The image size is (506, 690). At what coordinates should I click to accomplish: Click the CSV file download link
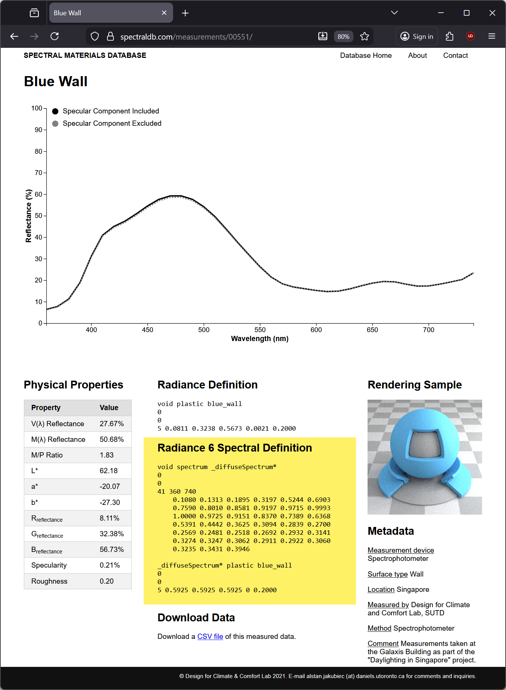210,636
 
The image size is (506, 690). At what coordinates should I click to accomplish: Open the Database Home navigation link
366,55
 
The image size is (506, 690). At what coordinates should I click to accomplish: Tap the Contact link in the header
455,55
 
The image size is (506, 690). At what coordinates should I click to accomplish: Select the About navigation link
417,55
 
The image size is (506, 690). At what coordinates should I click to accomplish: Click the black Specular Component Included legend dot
55,111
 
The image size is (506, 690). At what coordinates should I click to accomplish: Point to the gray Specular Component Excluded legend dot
55,124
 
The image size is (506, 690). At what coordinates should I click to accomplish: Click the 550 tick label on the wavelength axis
260,330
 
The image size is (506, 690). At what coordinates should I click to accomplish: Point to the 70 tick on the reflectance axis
38,173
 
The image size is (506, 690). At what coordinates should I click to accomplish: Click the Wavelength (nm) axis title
260,338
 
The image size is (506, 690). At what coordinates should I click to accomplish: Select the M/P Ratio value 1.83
107,455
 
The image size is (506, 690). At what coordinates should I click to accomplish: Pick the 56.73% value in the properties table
112,549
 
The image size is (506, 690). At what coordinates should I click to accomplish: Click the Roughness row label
49,581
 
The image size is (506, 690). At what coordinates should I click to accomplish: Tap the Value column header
109,408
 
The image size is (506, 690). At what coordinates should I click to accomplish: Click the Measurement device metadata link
401,550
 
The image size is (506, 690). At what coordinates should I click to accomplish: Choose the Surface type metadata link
387,574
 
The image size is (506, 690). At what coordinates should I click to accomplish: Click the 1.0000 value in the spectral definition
184,516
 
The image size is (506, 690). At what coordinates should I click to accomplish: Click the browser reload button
55,36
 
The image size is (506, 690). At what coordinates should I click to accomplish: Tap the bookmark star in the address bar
365,36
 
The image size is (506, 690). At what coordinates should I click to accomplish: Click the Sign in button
417,36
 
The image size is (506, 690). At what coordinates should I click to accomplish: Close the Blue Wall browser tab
164,13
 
